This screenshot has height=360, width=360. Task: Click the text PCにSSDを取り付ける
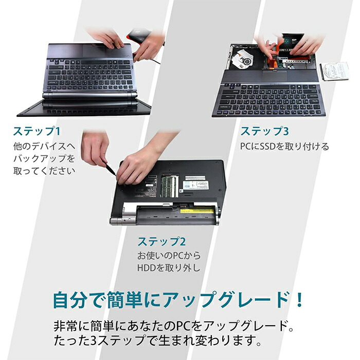tap(284, 147)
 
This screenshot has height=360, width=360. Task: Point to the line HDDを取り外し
tap(168, 268)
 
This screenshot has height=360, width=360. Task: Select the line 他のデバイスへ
tap(44, 146)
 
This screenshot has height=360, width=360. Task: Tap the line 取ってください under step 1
tap(44, 171)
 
